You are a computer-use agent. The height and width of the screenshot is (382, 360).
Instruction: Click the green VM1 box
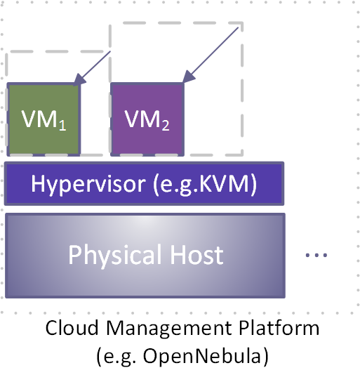44,119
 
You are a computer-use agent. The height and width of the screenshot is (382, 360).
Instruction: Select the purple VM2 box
147,119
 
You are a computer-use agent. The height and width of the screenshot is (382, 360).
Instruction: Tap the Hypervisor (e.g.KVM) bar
144,184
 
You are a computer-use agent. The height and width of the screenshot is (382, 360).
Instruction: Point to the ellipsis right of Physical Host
316,256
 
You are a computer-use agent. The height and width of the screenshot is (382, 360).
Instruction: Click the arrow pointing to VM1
94,68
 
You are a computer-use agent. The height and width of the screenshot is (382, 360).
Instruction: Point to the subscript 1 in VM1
62,125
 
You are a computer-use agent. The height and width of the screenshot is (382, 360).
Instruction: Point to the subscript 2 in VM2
166,125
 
